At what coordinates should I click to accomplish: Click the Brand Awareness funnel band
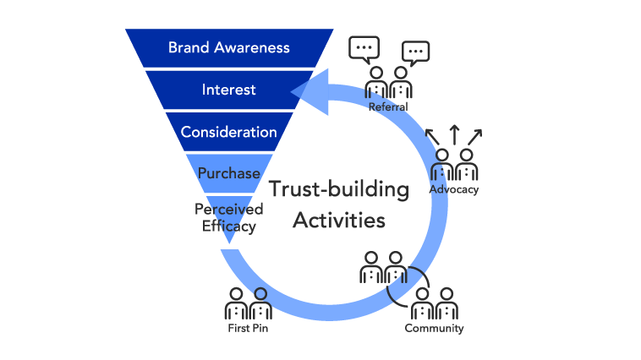point(228,47)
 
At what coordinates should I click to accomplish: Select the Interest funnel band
point(228,90)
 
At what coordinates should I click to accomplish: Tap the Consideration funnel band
point(228,132)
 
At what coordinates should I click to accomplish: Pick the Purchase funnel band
point(228,173)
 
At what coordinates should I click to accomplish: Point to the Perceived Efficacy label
point(228,217)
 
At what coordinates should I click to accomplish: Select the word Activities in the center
point(338,221)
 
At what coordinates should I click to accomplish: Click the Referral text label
point(388,107)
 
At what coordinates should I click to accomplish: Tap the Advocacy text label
point(453,189)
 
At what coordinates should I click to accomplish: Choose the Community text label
point(434,328)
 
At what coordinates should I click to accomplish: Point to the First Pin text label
point(249,328)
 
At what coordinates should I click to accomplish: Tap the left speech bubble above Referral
point(364,51)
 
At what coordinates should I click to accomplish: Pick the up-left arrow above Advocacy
point(431,135)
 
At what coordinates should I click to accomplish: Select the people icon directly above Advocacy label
point(453,164)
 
